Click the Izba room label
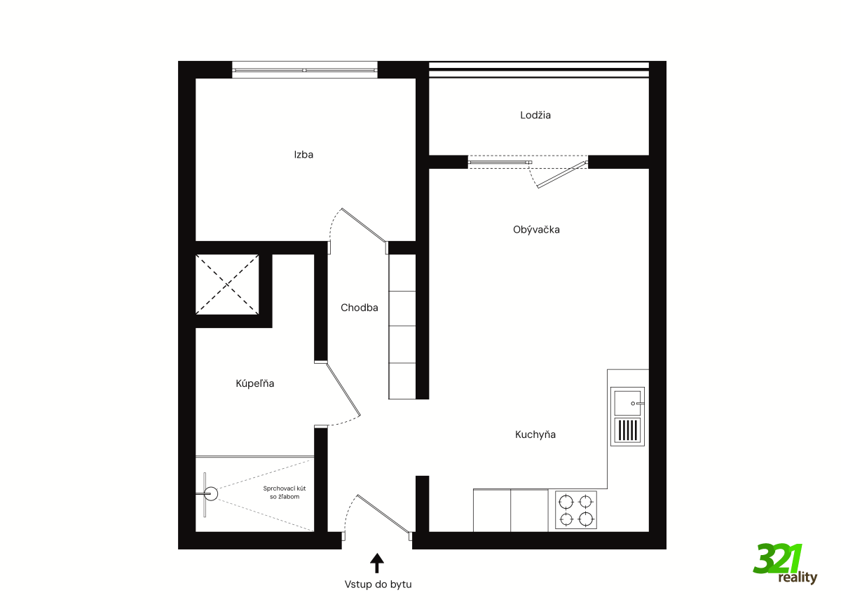[x=303, y=155]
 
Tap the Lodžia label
[x=535, y=115]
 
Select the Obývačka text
[x=536, y=230]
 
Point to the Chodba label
[x=360, y=308]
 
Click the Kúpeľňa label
[x=255, y=383]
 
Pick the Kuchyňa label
[x=535, y=434]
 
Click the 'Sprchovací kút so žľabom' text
[x=285, y=493]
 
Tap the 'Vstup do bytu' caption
[x=378, y=584]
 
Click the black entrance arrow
[x=377, y=563]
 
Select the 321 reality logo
[x=785, y=565]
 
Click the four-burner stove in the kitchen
[x=576, y=510]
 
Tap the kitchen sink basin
[x=627, y=403]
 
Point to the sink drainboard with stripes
[x=627, y=430]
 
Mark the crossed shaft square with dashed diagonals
[x=227, y=285]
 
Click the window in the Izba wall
[x=304, y=70]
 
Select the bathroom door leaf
[x=343, y=389]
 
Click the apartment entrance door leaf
[x=383, y=514]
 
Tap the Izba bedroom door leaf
[x=364, y=225]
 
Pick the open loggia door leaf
[x=561, y=175]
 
